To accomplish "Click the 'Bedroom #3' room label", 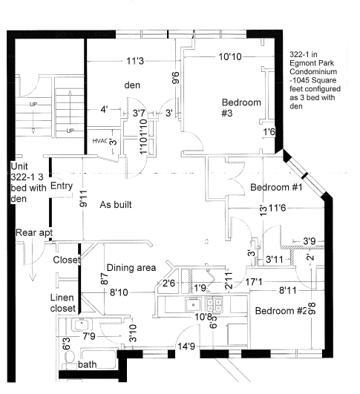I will pos(237,108).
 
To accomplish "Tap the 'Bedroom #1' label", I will pos(275,187).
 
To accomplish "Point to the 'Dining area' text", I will pos(131,268).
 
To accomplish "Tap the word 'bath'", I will pos(87,365).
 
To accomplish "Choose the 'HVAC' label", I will pos(99,141).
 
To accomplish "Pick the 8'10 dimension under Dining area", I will pos(120,293).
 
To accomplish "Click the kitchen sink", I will pos(193,303).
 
